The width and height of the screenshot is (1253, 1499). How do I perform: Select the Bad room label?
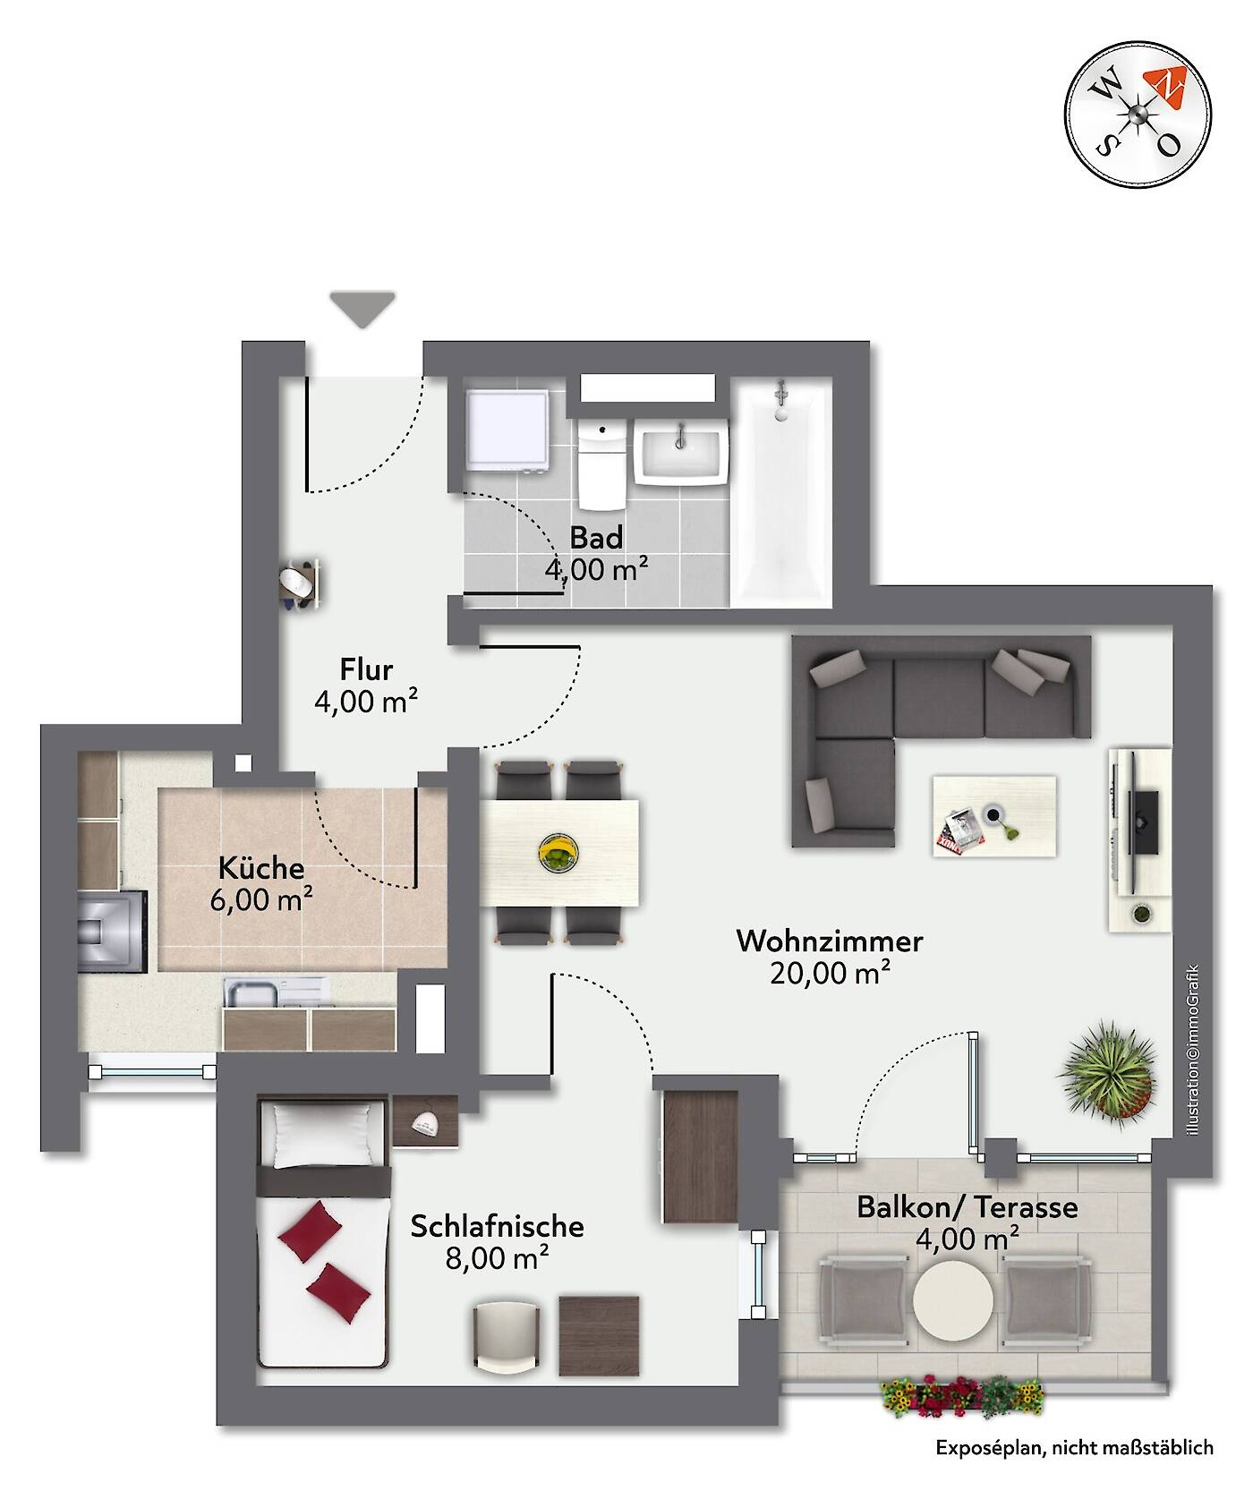[x=597, y=538]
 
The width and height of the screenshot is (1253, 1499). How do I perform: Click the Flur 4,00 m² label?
[x=366, y=686]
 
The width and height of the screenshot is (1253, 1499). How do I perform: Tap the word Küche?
[x=261, y=868]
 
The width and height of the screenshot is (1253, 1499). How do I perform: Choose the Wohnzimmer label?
[x=830, y=941]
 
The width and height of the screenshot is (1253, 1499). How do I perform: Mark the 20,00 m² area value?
[x=830, y=973]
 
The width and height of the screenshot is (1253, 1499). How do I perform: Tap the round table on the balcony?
[x=952, y=1300]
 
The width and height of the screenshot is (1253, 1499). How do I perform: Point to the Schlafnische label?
[x=498, y=1226]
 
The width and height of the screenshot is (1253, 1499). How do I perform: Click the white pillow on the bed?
[x=322, y=1135]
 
